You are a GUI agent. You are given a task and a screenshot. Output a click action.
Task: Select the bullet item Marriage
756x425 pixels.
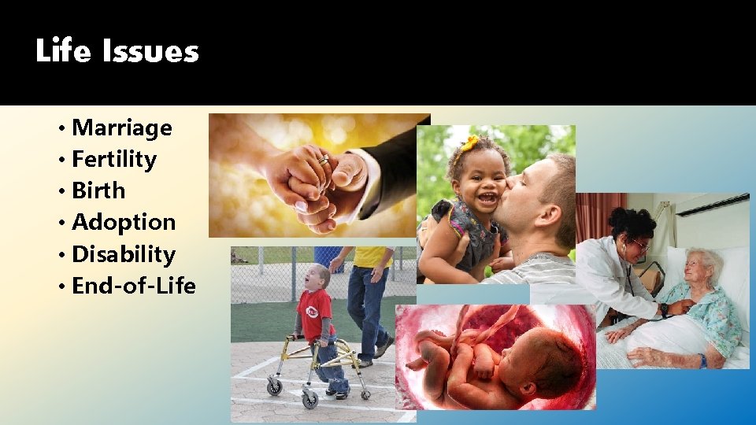(121, 128)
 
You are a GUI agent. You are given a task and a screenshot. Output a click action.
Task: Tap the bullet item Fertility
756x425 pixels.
(113, 159)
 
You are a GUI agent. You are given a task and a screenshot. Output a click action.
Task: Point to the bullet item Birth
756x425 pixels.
(98, 190)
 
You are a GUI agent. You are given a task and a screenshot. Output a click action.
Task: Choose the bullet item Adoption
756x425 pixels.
(123, 222)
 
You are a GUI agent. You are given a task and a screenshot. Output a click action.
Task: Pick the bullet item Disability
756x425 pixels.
(123, 254)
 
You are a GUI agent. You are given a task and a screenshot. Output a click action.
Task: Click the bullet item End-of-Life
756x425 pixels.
(133, 286)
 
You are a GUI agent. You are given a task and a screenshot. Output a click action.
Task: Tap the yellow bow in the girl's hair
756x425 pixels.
(469, 144)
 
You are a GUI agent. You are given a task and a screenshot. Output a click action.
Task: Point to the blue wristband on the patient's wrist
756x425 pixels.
(702, 360)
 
